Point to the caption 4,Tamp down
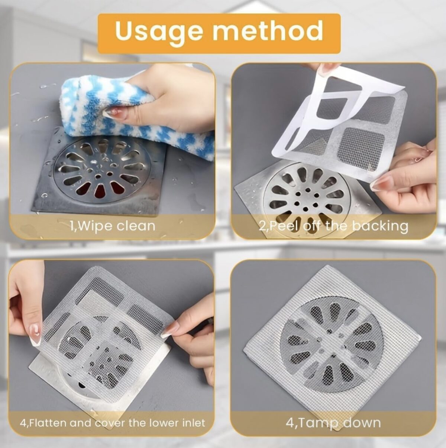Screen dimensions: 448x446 point(333,423)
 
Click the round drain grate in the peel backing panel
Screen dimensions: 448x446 point(305,197)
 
